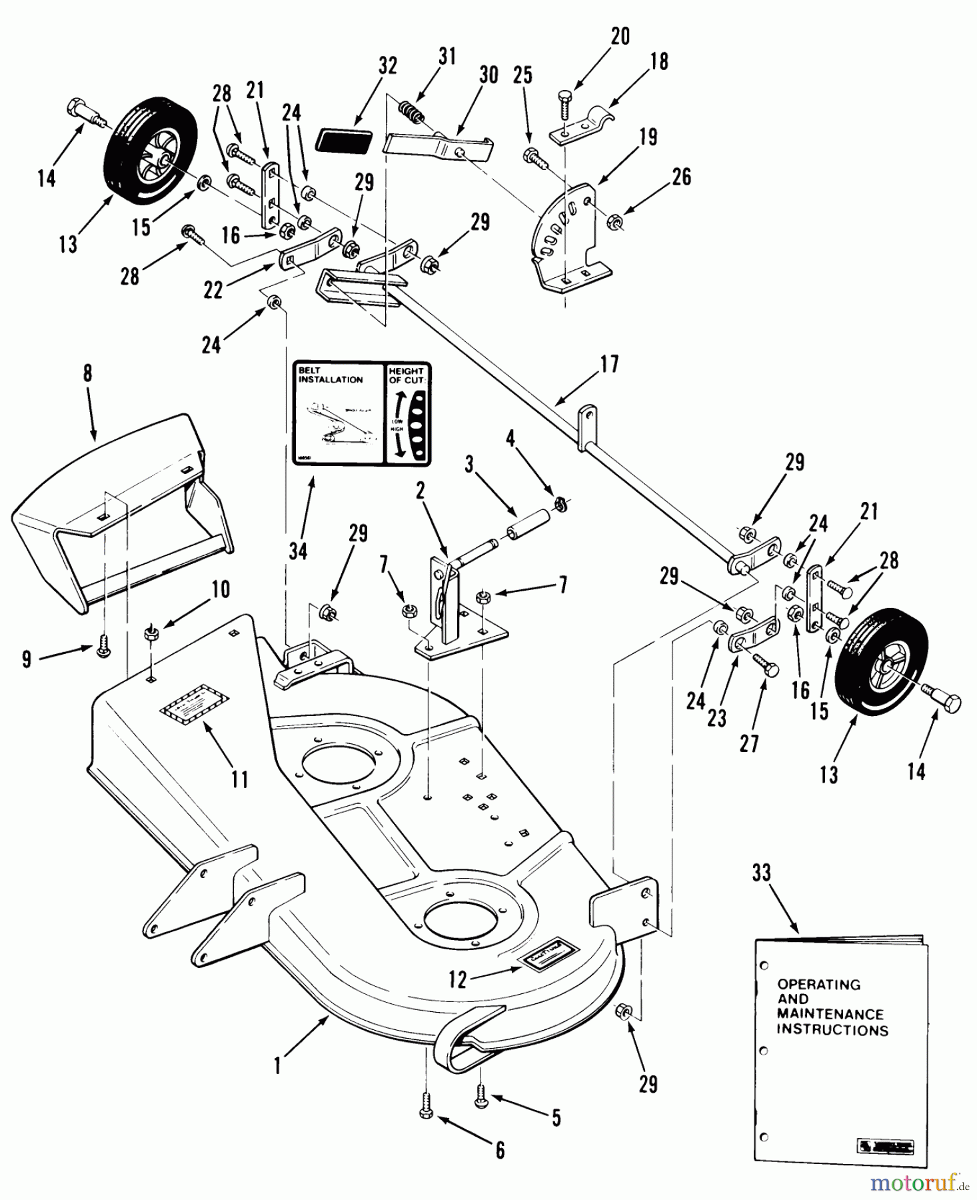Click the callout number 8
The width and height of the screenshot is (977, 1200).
coord(87,374)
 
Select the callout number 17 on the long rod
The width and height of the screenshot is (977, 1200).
coord(609,365)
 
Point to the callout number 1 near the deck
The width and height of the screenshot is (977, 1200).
coord(277,1066)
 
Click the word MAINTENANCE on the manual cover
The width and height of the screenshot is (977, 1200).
coord(830,1014)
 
